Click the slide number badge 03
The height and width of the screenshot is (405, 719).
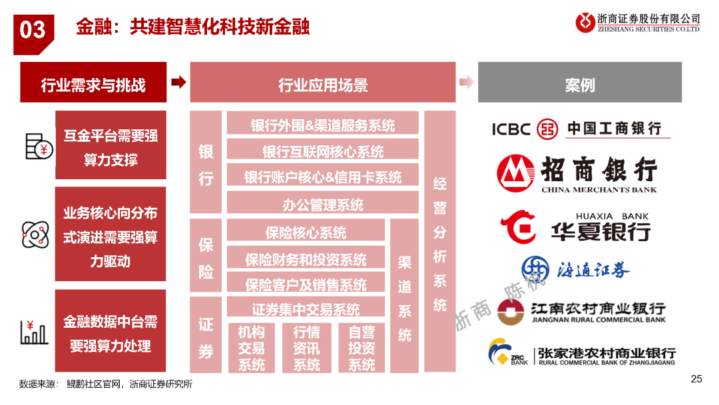point(33,34)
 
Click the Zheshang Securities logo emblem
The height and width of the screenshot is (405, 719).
point(585,22)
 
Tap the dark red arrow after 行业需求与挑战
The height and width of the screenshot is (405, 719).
point(179,82)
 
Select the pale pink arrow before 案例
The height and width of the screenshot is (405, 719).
point(466,82)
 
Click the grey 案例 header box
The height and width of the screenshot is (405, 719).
point(580,82)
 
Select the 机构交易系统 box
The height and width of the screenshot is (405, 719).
point(251,348)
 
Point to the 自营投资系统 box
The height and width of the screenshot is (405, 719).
point(361,348)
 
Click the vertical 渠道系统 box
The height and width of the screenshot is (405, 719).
point(405,296)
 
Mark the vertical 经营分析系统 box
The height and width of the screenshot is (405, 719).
point(440,241)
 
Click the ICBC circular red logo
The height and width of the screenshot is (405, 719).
point(547,129)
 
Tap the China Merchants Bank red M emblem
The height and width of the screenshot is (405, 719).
point(515,173)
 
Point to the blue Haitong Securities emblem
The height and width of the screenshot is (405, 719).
point(535,269)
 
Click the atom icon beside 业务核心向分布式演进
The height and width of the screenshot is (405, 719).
point(35,234)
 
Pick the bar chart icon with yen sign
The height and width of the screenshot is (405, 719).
point(34,332)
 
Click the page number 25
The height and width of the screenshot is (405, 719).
point(696,379)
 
